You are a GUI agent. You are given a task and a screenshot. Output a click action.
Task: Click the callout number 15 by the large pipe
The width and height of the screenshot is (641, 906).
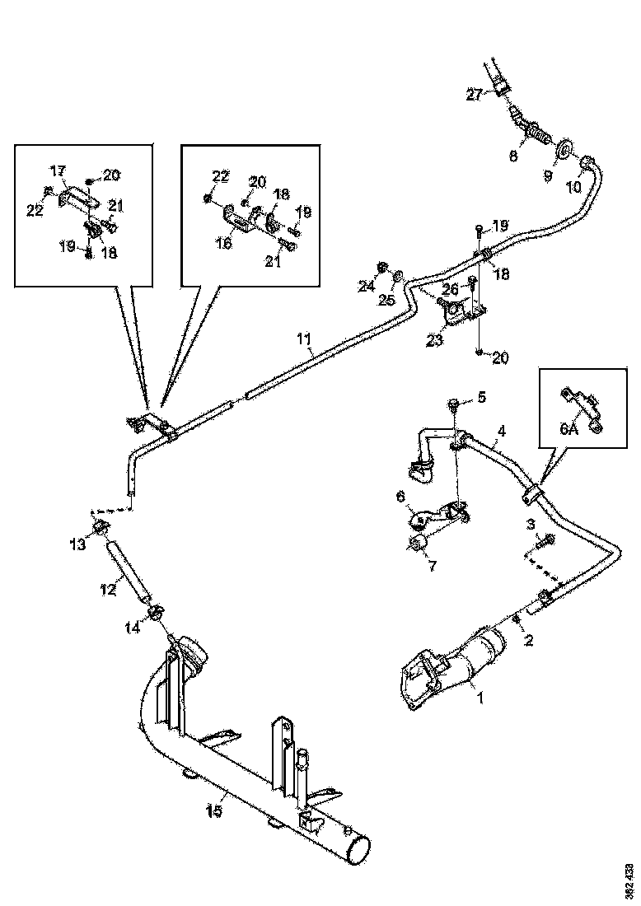tap(213, 810)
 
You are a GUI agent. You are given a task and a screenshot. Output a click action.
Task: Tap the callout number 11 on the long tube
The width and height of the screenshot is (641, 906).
tap(304, 339)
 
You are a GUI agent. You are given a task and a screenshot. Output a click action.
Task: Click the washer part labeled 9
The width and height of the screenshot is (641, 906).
tap(564, 150)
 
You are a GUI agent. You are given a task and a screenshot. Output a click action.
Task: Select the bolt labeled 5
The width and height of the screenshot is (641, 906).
tap(453, 403)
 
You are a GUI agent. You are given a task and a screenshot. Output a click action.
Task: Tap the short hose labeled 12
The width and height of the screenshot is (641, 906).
tap(129, 569)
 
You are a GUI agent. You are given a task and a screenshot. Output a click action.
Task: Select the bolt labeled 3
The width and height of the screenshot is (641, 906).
tap(548, 540)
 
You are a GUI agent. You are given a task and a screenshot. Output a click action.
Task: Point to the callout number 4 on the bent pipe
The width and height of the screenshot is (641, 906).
tap(502, 430)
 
